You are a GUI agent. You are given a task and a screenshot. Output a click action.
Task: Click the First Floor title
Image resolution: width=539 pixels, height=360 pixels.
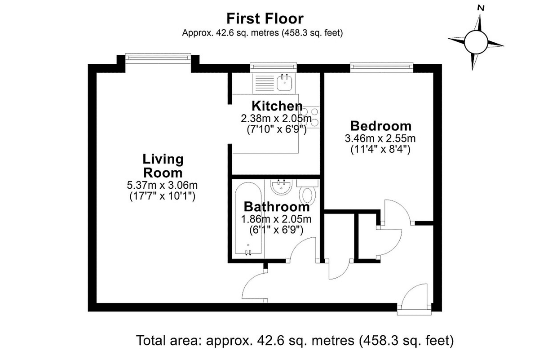[265, 19]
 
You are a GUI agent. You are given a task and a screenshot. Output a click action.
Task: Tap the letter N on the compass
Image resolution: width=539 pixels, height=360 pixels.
[481, 8]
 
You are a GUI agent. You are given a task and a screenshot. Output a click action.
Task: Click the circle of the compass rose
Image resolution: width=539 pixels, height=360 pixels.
[476, 42]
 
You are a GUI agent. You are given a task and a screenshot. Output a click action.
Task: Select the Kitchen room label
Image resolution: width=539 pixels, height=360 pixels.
[277, 106]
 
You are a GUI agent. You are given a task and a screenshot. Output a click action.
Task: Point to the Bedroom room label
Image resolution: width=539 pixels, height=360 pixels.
[381, 126]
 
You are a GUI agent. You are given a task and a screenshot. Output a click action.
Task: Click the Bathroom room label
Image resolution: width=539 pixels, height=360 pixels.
[277, 207]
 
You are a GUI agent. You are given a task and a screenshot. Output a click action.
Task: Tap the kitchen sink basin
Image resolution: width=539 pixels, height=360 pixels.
[285, 82]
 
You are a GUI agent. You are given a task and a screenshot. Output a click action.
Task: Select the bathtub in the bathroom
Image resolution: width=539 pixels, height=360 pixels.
[248, 218]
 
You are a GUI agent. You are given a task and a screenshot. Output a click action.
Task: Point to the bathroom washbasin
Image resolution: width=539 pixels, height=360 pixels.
[281, 187]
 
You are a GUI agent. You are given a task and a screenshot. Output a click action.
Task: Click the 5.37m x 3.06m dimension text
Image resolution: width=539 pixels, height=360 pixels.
[162, 185]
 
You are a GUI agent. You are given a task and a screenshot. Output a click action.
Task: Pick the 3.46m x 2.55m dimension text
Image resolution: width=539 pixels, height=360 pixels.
[380, 138]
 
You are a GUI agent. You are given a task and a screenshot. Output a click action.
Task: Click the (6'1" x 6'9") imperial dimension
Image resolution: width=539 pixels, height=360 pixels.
[276, 230]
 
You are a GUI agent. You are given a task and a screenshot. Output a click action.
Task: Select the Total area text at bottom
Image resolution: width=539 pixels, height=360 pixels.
[295, 341]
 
